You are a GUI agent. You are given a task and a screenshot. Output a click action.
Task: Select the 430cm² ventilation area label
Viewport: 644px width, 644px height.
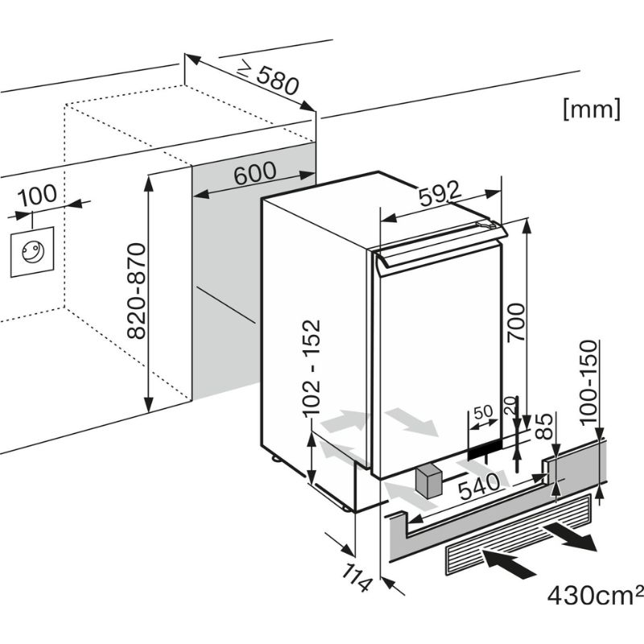(595, 595)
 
